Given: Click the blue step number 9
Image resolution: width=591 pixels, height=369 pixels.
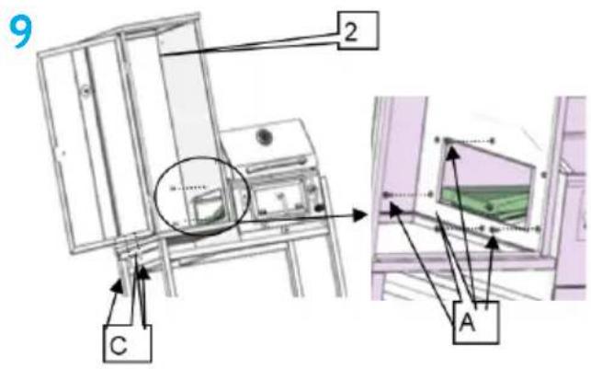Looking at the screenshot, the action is point(22,33).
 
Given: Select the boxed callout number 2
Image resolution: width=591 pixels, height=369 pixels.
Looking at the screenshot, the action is point(358,30).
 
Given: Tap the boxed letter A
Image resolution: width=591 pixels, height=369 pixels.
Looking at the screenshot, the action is point(476,323).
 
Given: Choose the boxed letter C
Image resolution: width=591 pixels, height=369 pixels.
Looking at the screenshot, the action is point(127,344).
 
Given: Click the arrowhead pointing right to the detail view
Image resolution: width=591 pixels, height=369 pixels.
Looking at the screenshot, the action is point(359,215).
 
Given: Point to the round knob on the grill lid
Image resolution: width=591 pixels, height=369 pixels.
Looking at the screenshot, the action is point(264,136).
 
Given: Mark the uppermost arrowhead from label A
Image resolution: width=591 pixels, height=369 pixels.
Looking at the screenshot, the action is point(452,151).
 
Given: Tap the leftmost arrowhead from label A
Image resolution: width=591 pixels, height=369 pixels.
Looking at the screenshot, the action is point(394,209).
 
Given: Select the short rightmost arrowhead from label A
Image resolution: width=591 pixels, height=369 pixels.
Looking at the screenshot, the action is point(492,243).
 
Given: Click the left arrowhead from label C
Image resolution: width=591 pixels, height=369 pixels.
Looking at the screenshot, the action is point(118,286).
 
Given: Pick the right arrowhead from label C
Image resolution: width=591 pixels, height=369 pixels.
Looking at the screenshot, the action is point(143,272).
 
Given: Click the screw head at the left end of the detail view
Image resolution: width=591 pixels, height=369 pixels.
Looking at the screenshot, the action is point(386,195).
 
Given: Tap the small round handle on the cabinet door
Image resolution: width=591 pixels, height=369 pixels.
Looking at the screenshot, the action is point(86,90).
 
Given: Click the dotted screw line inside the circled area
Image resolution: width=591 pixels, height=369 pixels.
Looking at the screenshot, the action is point(188,187).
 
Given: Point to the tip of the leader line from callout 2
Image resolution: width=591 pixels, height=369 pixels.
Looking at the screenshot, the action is point(160,55).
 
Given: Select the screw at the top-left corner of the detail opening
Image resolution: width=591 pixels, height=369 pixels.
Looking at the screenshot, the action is point(448,141).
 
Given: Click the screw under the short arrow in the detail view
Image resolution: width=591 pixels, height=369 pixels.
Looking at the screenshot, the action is point(493,229).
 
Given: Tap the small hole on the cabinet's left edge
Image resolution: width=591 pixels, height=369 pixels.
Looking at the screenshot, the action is point(63,153).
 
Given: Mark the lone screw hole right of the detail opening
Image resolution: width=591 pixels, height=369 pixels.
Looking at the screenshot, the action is point(543,175).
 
